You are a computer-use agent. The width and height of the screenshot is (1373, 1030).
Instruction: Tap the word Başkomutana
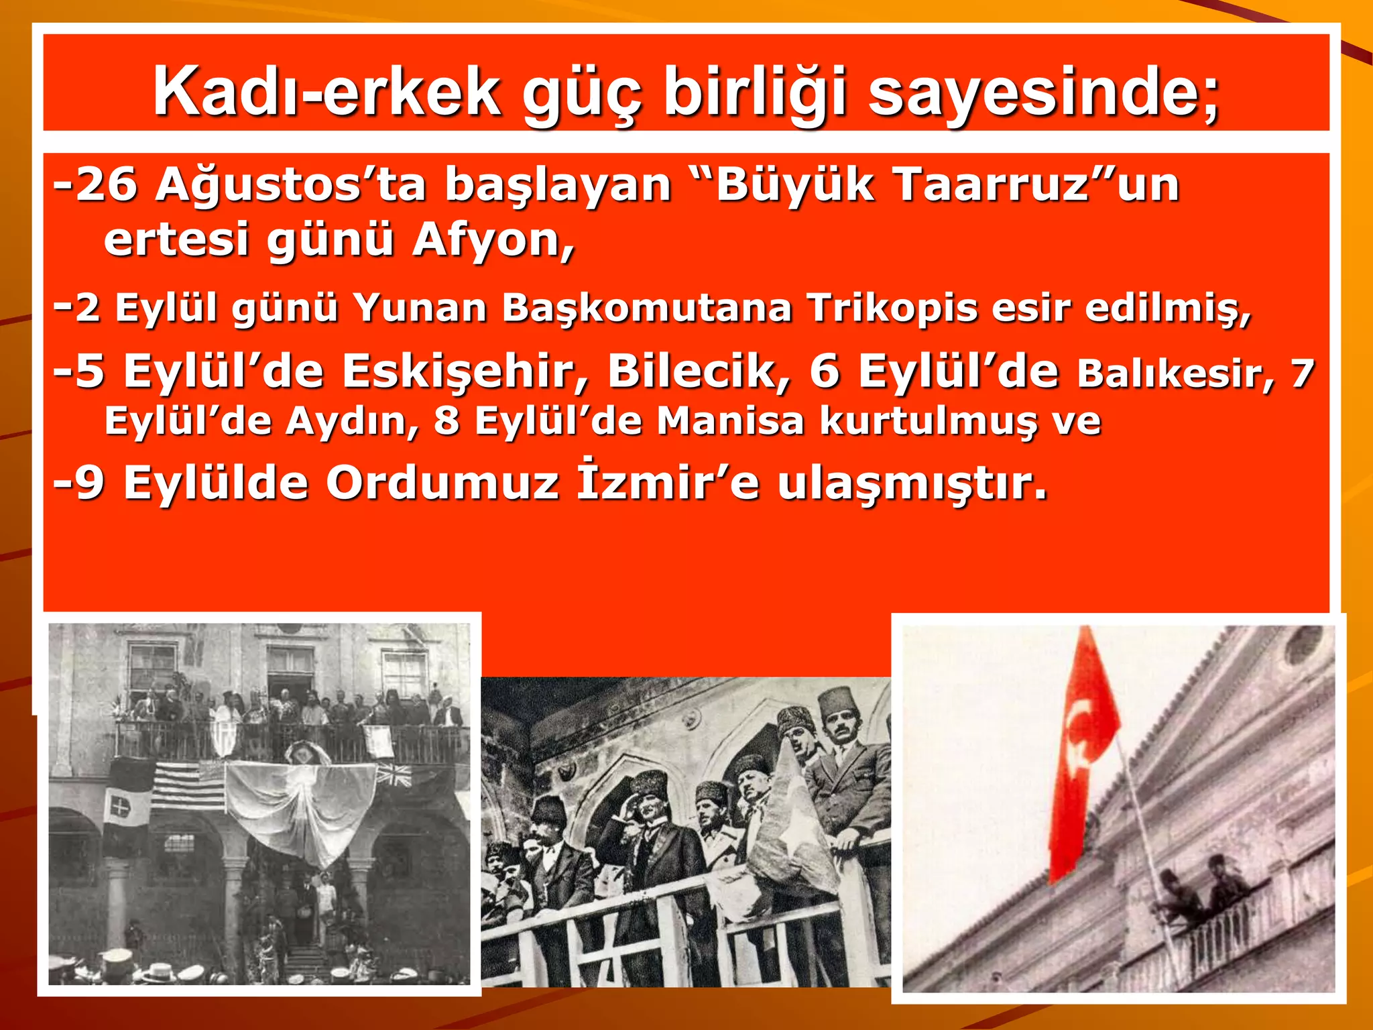click(647, 309)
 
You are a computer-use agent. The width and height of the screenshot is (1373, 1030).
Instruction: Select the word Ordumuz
click(442, 483)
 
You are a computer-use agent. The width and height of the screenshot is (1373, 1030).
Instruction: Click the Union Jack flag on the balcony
click(395, 776)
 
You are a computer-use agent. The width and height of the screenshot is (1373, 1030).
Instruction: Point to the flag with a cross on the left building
click(121, 807)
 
